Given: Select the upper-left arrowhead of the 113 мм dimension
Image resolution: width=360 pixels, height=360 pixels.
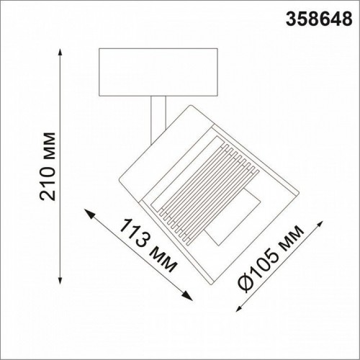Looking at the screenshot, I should [x=89, y=210].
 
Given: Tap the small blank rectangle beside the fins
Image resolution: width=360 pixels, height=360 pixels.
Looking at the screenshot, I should [x=232, y=216].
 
